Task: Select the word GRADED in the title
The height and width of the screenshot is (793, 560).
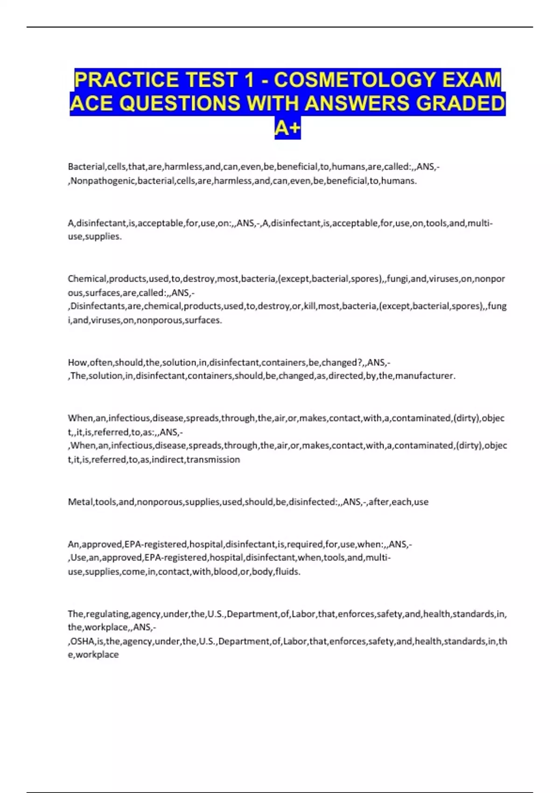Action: (x=460, y=104)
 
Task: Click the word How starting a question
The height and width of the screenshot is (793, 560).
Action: (x=77, y=362)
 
